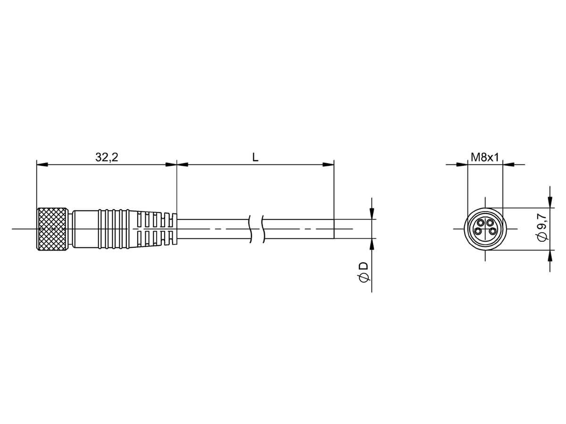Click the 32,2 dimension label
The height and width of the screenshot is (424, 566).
pyautogui.click(x=107, y=157)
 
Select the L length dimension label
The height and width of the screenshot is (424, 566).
pyautogui.click(x=255, y=157)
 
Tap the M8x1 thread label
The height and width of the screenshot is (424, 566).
pyautogui.click(x=485, y=157)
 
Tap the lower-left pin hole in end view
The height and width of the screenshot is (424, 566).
pyautogui.click(x=478, y=231)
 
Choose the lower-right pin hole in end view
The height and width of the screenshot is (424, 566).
pyautogui.click(x=492, y=231)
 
